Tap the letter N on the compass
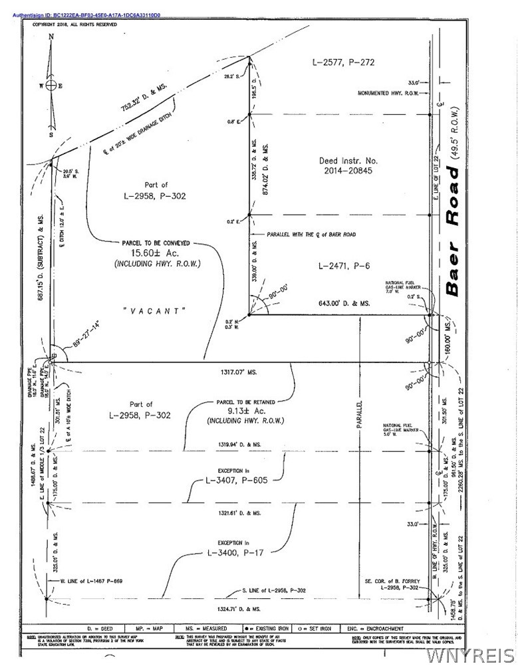click(51, 38)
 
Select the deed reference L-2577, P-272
click(344, 62)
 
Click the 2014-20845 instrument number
click(344, 171)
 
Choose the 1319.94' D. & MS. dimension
click(238, 443)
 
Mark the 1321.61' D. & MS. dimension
click(238, 514)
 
